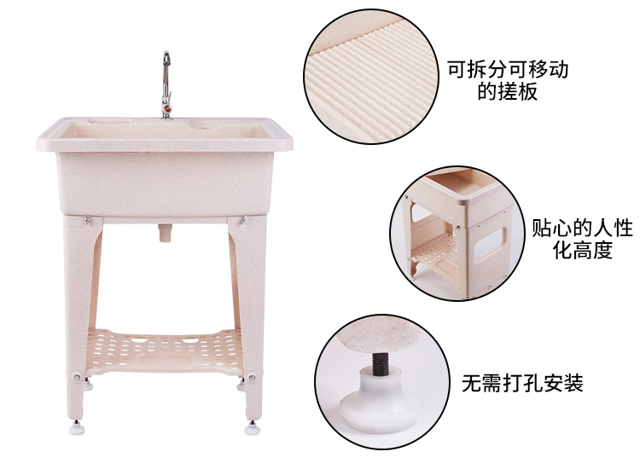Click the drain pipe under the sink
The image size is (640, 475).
165,233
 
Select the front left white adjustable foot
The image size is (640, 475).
76,427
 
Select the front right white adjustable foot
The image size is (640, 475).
253,427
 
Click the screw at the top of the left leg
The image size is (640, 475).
87,221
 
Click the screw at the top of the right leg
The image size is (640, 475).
242,220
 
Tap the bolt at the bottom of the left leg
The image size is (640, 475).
76,377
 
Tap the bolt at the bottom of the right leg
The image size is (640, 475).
252,378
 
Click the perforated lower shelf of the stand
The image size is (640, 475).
164,350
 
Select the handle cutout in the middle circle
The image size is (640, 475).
490,243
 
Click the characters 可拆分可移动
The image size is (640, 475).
508,70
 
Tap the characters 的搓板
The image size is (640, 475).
508,91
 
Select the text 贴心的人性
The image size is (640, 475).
582,228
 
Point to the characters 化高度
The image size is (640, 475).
583,250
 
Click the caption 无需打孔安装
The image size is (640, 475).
522,383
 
